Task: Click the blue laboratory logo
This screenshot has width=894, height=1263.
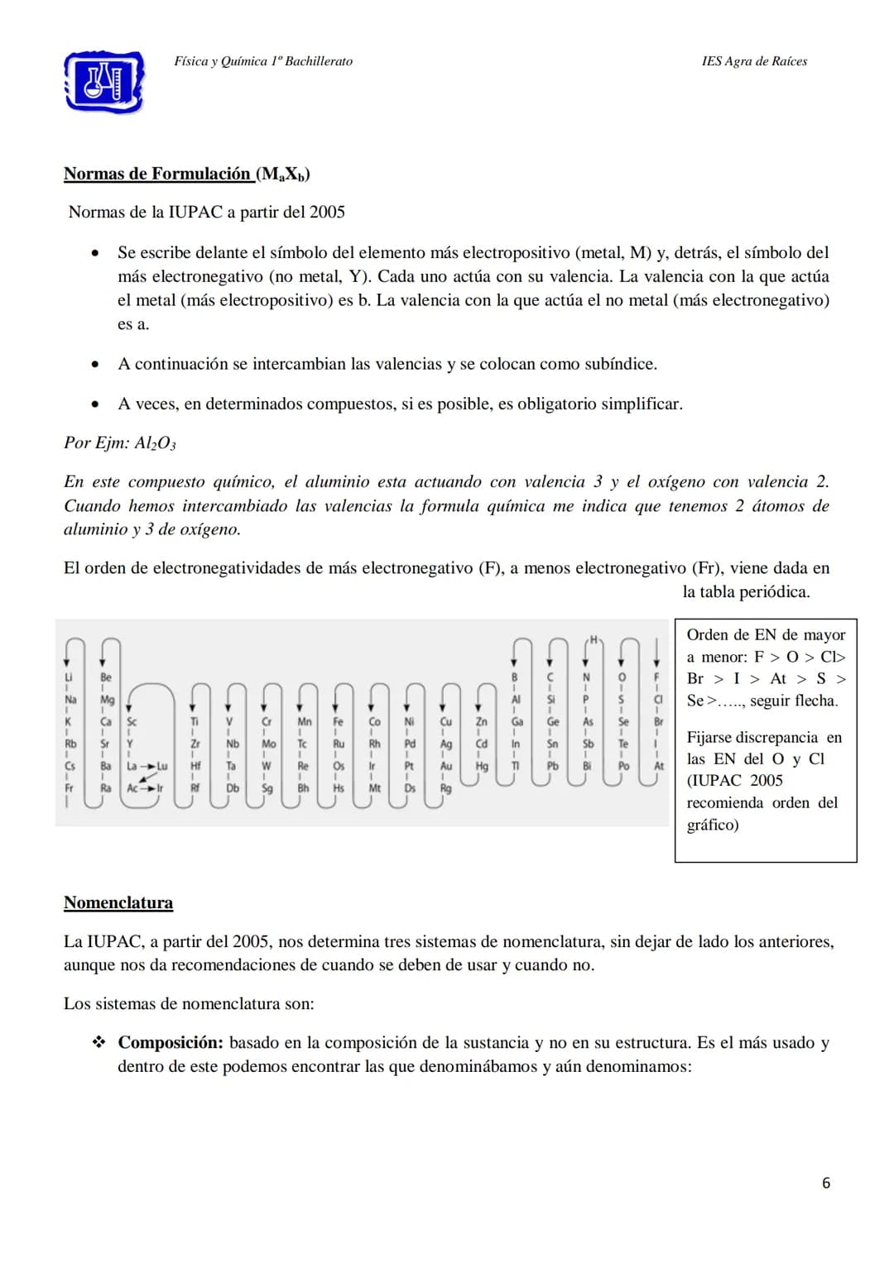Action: click(x=104, y=81)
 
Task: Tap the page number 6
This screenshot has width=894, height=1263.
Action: click(x=825, y=1183)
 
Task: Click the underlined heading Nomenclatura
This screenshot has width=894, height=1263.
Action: click(x=118, y=902)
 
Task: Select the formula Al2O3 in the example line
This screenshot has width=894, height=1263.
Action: click(x=156, y=443)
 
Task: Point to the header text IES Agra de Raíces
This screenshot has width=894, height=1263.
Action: click(x=754, y=61)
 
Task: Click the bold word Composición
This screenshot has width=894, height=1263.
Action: click(x=170, y=1042)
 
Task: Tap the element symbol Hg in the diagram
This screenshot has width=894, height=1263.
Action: click(x=481, y=766)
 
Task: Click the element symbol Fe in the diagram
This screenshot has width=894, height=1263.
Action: click(x=338, y=721)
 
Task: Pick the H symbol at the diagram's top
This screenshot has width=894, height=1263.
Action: click(x=594, y=639)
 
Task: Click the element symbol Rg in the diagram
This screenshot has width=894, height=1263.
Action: click(x=445, y=788)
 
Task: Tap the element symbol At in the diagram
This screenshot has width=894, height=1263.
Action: click(x=659, y=766)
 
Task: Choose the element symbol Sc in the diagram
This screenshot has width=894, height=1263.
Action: click(x=132, y=721)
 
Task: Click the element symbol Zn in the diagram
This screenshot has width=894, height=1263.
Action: click(x=481, y=721)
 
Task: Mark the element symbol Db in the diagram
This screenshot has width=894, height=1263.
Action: click(x=232, y=788)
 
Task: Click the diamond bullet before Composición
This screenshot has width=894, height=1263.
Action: click(x=99, y=1042)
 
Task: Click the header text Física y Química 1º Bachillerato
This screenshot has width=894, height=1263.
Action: click(x=263, y=61)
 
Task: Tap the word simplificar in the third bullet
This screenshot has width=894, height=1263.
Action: click(x=640, y=404)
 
